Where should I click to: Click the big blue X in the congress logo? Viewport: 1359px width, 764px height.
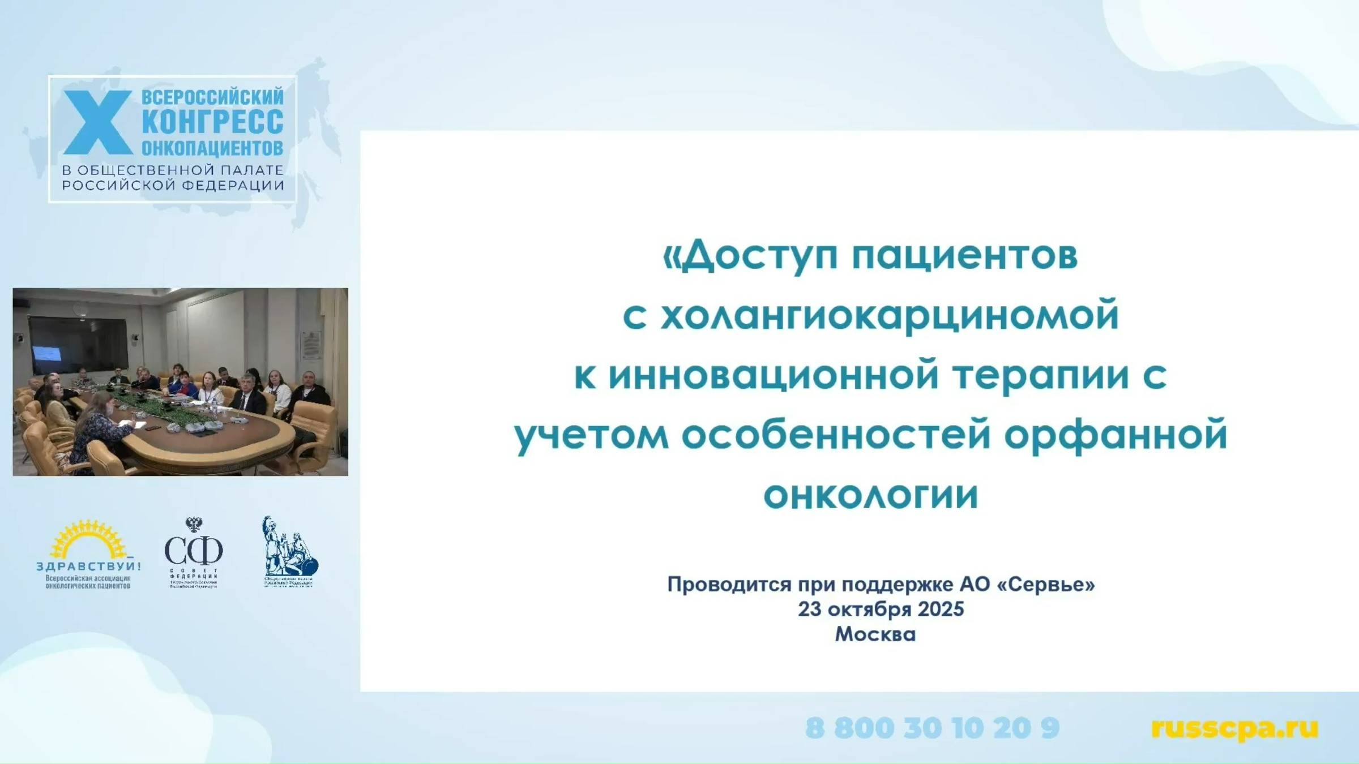(97, 122)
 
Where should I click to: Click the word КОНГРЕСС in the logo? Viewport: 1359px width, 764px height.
(212, 122)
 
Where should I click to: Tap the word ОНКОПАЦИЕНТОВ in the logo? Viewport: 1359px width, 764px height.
(212, 148)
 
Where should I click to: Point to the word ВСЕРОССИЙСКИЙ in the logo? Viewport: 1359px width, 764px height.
(212, 97)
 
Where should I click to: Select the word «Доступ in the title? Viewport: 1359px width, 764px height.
(750, 255)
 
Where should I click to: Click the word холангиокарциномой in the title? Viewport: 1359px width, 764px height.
(890, 315)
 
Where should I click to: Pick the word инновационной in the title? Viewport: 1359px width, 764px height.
(773, 375)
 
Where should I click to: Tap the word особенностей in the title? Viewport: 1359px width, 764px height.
(836, 435)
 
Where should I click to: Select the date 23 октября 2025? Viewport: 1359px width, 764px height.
(881, 609)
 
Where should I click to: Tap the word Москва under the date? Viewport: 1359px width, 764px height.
(875, 634)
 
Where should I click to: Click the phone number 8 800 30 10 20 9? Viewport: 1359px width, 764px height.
(932, 728)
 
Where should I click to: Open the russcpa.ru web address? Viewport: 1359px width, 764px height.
(1234, 728)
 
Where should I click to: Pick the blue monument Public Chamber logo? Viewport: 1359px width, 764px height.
(289, 552)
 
